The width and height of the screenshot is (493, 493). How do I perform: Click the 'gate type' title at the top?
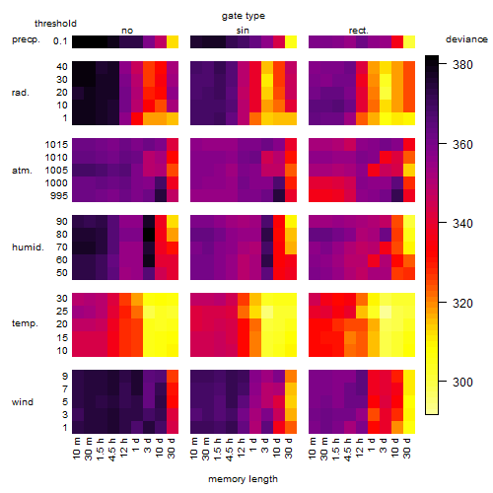(x=244, y=16)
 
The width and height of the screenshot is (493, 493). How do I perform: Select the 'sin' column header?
(x=243, y=31)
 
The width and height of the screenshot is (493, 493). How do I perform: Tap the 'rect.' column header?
(x=358, y=31)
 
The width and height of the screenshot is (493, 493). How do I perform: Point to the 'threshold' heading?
(x=55, y=24)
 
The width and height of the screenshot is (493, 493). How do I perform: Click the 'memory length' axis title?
(x=243, y=479)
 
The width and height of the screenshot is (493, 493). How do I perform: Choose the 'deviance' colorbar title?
(x=466, y=39)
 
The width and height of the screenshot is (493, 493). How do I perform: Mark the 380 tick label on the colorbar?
(x=462, y=65)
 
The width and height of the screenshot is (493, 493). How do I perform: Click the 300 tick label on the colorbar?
(x=462, y=382)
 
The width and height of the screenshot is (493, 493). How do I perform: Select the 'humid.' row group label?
(x=28, y=247)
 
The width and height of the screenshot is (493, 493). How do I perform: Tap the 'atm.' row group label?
(x=22, y=171)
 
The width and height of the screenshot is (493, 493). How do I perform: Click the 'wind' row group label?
(x=23, y=402)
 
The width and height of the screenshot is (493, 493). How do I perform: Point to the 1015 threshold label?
(x=56, y=145)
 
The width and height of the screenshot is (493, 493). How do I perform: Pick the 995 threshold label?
(x=59, y=196)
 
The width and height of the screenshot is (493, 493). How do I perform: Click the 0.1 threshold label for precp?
(x=60, y=41)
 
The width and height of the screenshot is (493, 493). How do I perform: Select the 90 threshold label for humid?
(x=62, y=222)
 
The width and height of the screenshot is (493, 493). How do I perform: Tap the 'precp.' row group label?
(x=26, y=39)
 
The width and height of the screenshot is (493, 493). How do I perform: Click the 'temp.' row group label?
(x=25, y=323)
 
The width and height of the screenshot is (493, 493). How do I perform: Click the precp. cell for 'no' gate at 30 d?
(x=173, y=42)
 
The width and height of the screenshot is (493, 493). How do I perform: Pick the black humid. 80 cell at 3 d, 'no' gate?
(x=149, y=235)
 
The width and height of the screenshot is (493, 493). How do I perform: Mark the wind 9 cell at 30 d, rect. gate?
(x=409, y=377)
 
